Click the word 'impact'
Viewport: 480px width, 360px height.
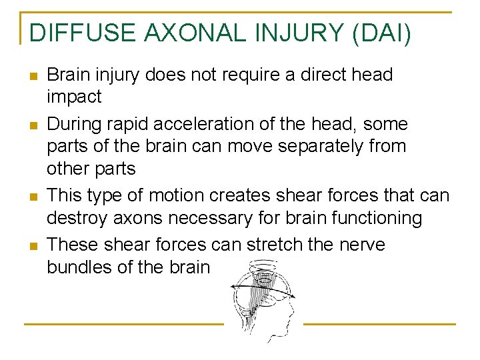tap(74, 97)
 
